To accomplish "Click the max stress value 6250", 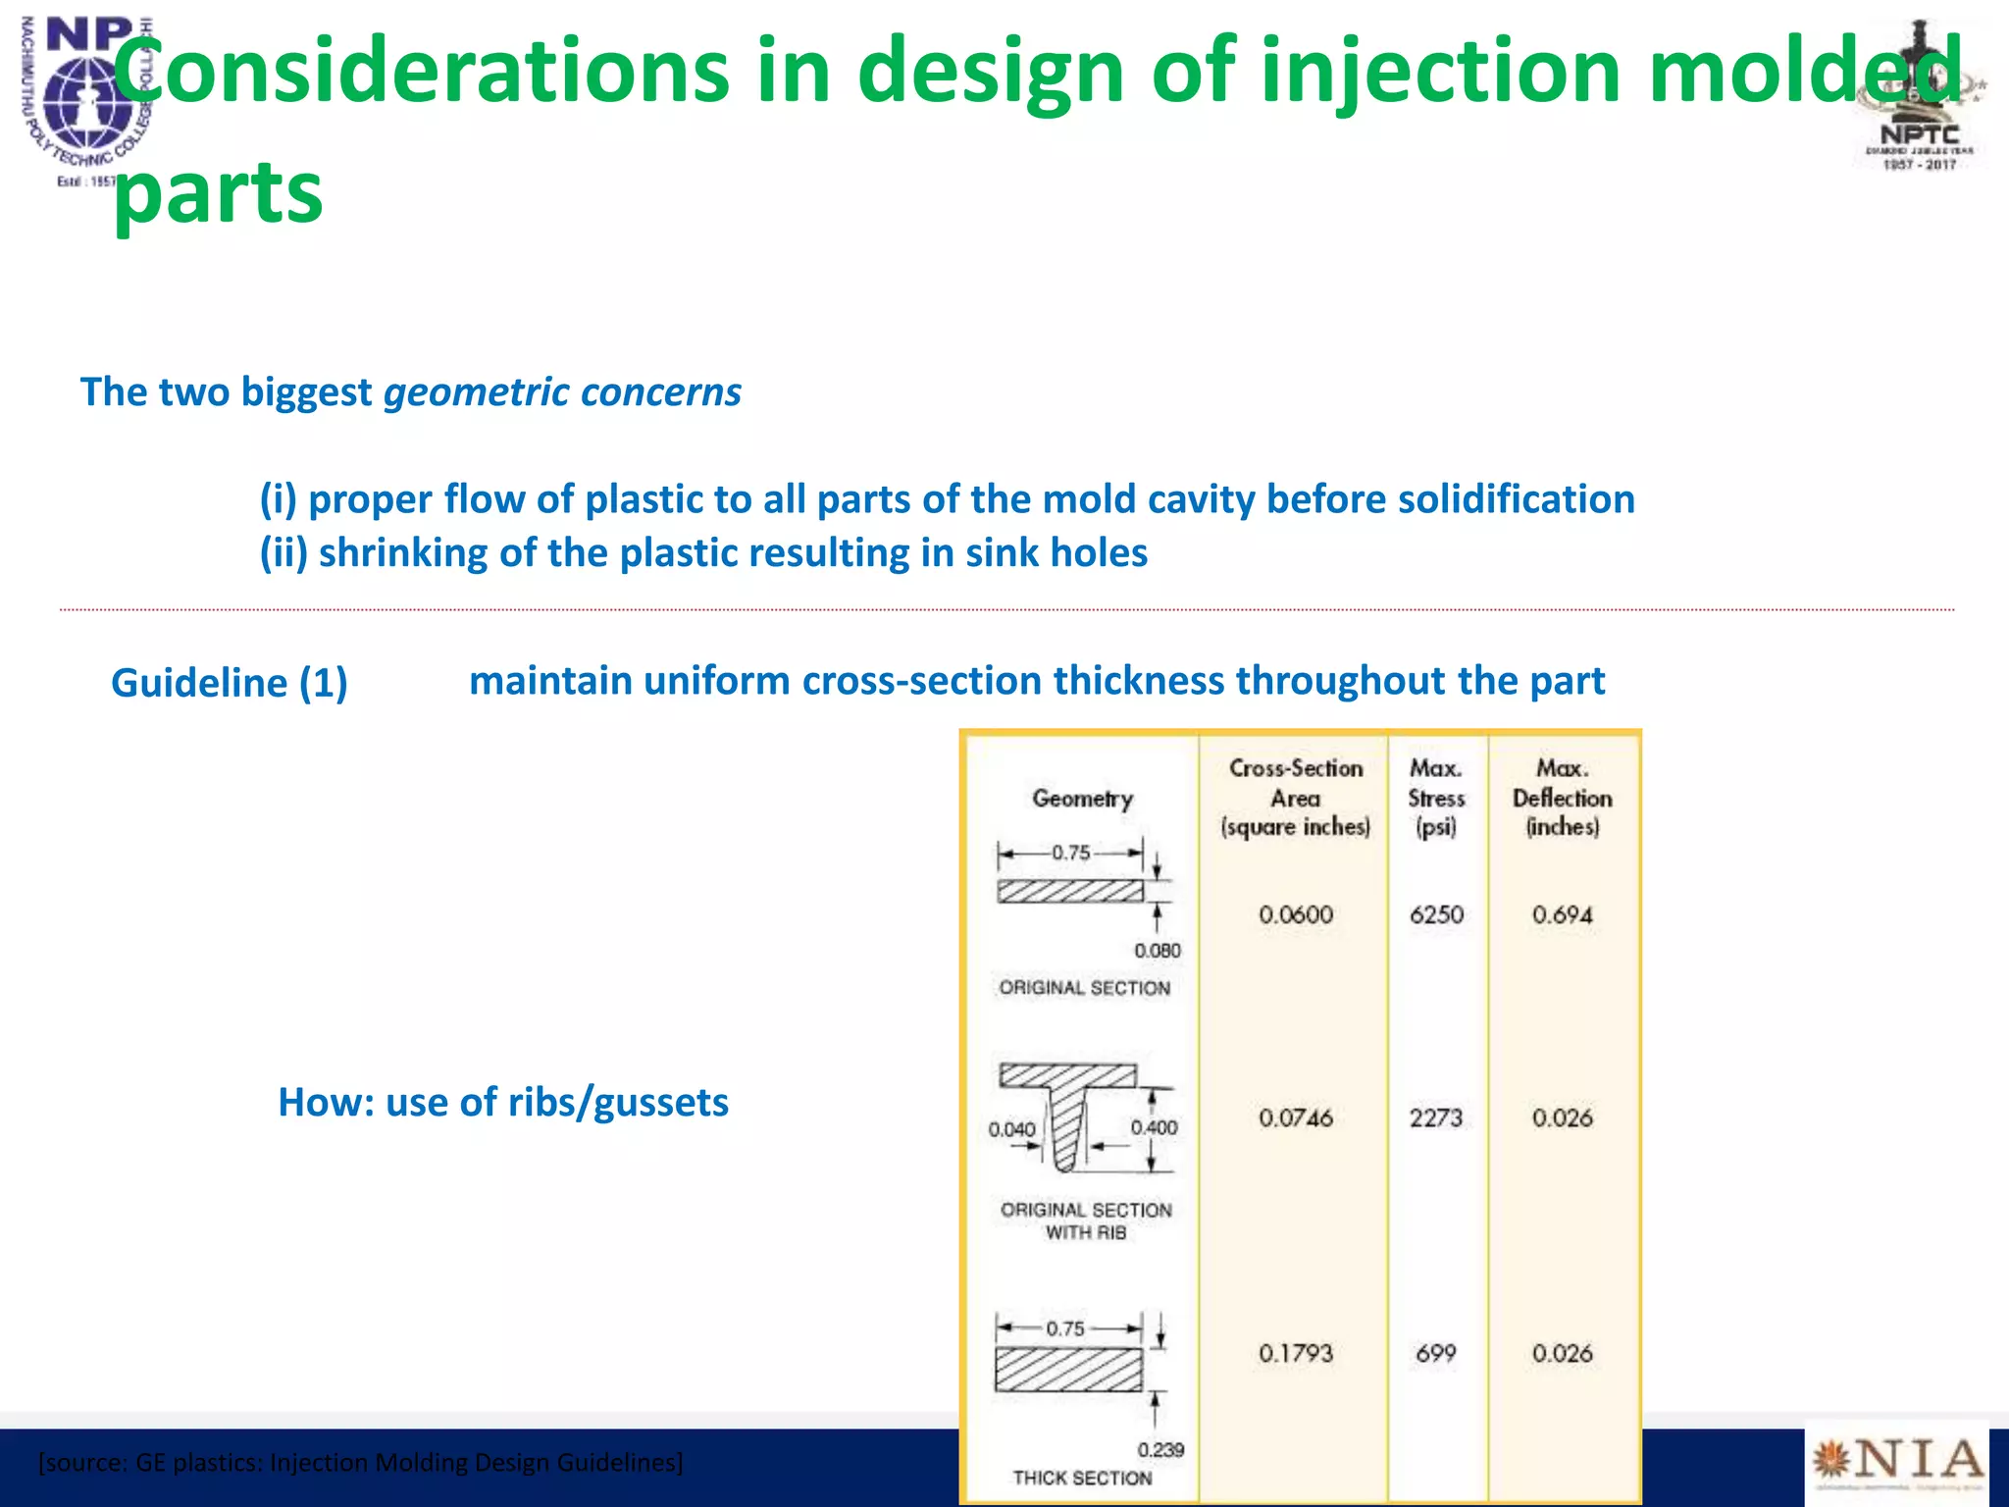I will pos(1436,914).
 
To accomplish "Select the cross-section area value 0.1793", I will pos(1296,1354).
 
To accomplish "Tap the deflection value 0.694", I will pos(1562,914).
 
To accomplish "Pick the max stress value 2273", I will pos(1436,1117).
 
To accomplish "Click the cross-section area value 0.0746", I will pos(1296,1117).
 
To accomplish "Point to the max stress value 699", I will pos(1436,1354).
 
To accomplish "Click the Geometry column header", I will pos(1082,799).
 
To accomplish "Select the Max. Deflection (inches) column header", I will pos(1562,797).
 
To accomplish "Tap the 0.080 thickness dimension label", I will pos(1158,951).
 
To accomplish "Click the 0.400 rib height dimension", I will pos(1154,1127).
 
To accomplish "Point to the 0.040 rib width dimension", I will pos(1011,1129).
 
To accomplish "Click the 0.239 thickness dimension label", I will pos(1160,1449).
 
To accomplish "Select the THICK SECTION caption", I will pos(1082,1478).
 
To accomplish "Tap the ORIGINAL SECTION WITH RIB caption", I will pos(1086,1221).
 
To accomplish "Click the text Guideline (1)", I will pos(230,683).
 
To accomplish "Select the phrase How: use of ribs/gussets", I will pos(503,1102).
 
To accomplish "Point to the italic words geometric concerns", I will pos(562,392).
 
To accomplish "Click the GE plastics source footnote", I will pos(360,1463).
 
